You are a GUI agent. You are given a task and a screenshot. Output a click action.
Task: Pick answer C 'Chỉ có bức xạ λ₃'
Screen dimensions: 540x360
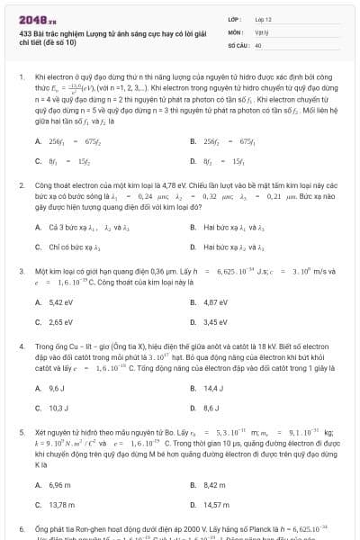pyautogui.click(x=70, y=246)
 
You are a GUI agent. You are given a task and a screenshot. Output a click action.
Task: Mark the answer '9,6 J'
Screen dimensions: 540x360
pyautogui.click(x=58, y=388)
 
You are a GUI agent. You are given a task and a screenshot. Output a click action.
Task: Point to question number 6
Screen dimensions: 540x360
pyautogui.click(x=21, y=528)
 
